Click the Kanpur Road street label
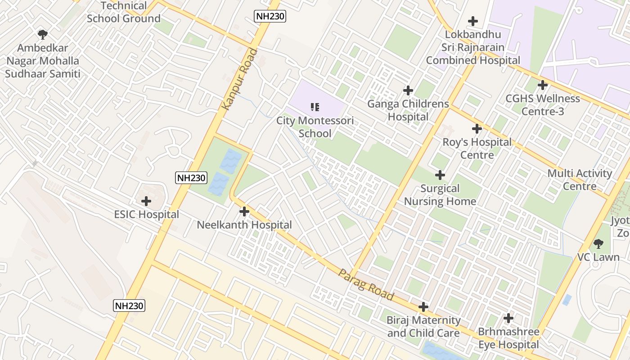[240, 79]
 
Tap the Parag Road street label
[366, 285]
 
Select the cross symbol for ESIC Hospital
[146, 201]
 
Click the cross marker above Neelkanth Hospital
[244, 211]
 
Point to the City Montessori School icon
[315, 107]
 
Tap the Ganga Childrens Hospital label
[408, 110]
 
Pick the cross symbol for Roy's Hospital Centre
[477, 129]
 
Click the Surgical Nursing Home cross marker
[440, 175]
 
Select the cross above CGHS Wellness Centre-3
[543, 85]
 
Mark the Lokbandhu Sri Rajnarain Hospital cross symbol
[473, 21]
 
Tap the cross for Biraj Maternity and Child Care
[423, 307]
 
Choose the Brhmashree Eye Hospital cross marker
[508, 318]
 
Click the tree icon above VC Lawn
[598, 244]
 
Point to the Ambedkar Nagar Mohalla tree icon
[43, 34]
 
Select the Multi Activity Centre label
[580, 180]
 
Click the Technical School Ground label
[123, 12]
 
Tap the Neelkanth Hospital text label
[244, 225]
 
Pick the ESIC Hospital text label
[146, 215]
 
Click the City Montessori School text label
[315, 127]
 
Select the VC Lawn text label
[598, 257]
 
